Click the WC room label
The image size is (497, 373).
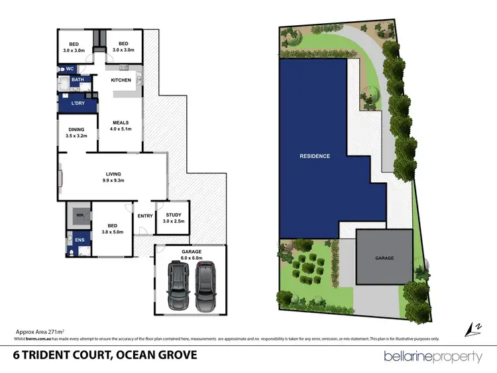(x=70, y=69)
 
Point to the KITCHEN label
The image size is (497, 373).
(x=121, y=80)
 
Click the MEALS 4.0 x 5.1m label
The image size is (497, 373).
(x=121, y=126)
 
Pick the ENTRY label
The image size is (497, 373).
(x=145, y=216)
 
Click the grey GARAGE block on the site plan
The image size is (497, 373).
(x=384, y=258)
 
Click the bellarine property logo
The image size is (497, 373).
(x=433, y=356)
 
